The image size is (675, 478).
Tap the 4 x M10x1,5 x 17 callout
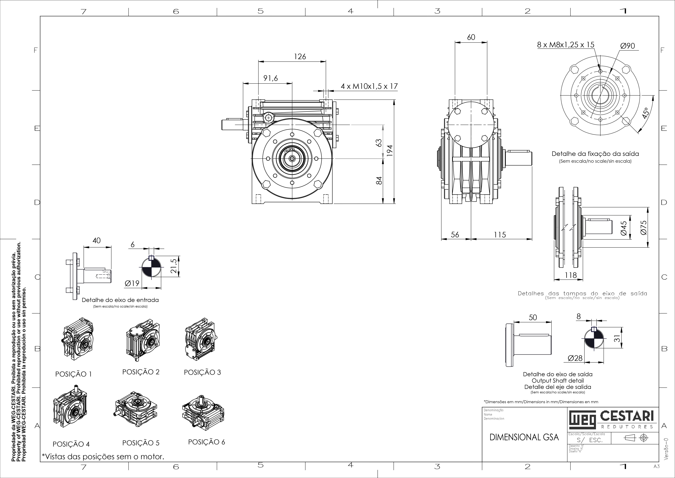tap(369, 86)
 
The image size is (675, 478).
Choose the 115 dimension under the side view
tap(500, 235)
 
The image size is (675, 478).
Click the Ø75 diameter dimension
tap(644, 228)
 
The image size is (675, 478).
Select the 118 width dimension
tap(571, 275)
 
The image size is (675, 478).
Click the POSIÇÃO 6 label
tap(206, 442)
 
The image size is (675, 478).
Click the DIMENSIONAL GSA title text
tap(524, 437)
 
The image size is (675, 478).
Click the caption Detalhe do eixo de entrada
tap(120, 300)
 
